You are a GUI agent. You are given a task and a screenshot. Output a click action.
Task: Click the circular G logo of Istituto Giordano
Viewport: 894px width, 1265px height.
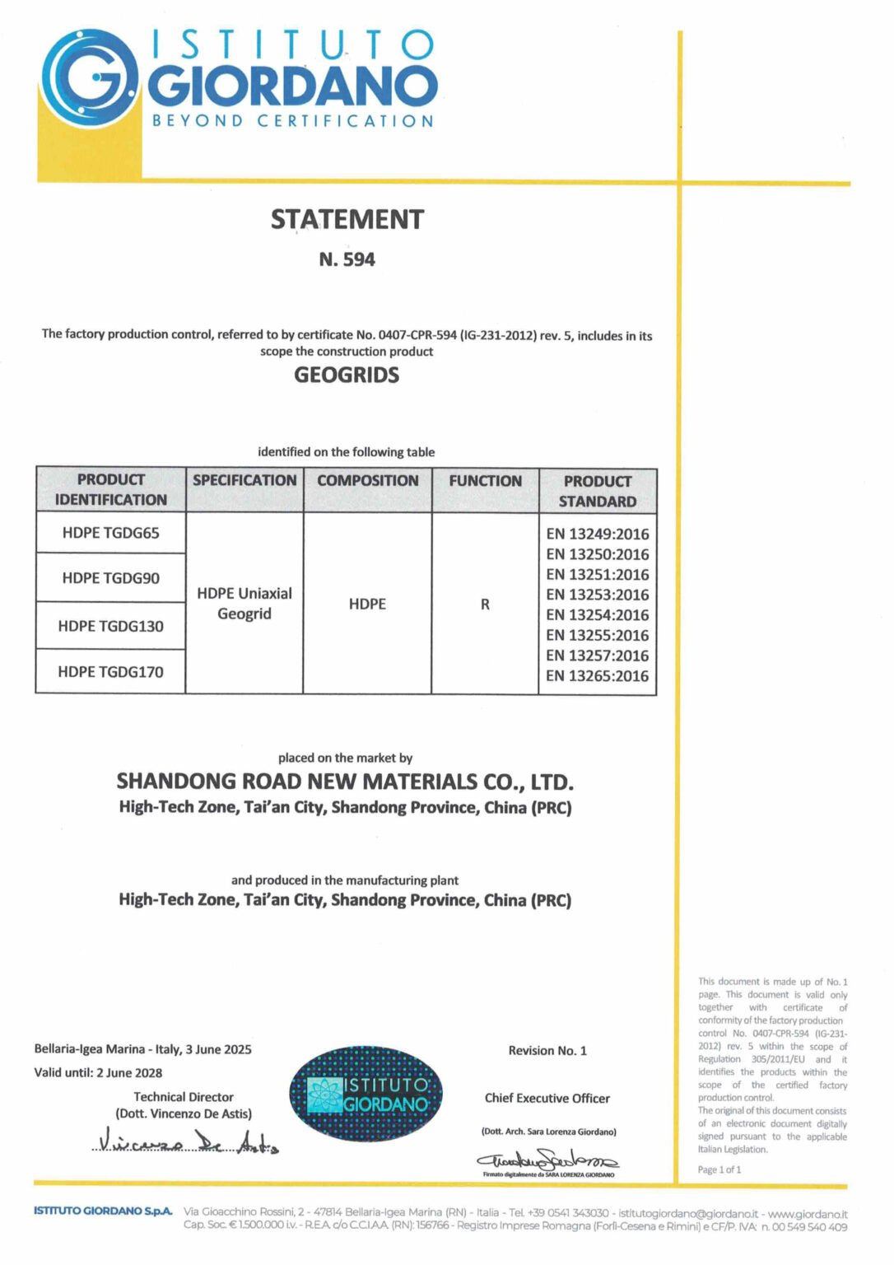[90, 80]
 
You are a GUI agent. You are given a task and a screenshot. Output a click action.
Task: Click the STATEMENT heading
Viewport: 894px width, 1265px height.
[347, 220]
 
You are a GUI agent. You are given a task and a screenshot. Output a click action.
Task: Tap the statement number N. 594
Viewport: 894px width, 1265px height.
[347, 259]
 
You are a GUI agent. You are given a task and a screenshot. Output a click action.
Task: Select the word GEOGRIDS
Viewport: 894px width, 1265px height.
[347, 376]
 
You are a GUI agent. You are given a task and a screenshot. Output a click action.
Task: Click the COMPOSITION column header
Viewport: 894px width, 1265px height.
[367, 481]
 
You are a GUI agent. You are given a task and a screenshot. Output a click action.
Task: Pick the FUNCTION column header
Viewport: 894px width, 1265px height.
[485, 481]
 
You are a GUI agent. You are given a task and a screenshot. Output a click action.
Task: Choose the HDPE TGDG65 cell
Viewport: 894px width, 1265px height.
[111, 533]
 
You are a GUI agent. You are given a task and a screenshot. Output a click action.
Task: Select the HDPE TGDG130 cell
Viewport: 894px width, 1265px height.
[111, 626]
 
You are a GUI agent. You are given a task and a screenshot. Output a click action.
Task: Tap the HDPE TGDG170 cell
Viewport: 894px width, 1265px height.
[111, 672]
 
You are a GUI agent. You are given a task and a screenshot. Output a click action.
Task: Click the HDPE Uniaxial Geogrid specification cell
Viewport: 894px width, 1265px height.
[244, 603]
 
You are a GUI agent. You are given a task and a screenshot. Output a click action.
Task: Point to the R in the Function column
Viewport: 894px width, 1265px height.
[485, 604]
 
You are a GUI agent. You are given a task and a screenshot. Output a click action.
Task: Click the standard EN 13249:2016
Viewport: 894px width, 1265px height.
[598, 534]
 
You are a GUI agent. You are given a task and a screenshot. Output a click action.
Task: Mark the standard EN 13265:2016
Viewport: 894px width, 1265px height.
[598, 676]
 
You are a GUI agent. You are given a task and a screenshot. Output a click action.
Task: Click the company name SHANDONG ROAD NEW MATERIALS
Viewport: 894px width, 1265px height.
[345, 781]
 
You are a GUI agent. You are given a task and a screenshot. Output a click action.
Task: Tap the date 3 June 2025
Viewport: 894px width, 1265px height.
[219, 1049]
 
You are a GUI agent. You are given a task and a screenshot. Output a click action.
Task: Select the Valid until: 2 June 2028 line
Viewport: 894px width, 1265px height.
[98, 1072]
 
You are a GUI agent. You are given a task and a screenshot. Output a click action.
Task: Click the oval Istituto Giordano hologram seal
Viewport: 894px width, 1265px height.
[366, 1094]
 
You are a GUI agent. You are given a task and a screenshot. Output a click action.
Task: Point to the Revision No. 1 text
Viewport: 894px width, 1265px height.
[547, 1051]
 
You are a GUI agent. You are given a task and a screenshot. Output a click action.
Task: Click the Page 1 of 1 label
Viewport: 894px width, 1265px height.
[719, 1169]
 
